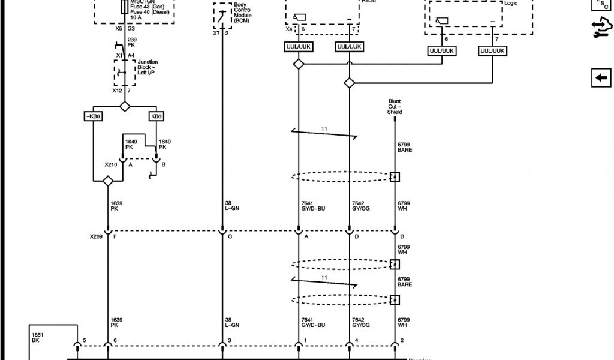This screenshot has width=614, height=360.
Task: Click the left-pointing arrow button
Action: [600, 78]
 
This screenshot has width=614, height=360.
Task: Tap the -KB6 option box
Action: [92, 116]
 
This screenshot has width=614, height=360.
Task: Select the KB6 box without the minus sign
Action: [156, 116]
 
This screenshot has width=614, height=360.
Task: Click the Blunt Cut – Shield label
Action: [394, 107]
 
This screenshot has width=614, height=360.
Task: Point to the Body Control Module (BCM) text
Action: [243, 13]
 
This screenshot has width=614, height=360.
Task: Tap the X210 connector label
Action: [111, 164]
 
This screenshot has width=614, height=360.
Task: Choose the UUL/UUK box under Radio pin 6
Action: [298, 46]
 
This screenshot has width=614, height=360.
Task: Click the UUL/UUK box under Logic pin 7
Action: [493, 52]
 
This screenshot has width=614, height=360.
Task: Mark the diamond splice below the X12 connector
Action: [125, 106]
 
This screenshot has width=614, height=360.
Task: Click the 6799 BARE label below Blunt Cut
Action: [405, 147]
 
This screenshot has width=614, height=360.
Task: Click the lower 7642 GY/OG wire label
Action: [362, 322]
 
